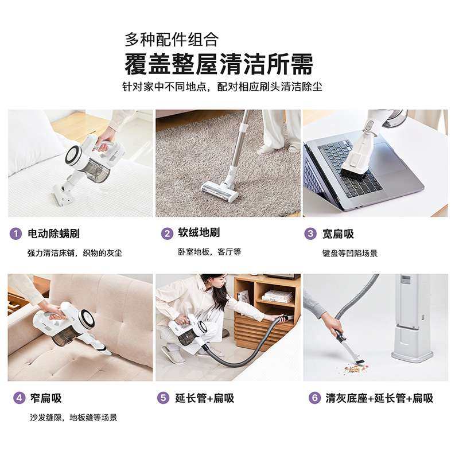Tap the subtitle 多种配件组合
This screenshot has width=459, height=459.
[x=172, y=39]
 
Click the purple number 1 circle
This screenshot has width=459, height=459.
[x=16, y=234]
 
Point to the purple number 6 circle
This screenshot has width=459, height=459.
[x=314, y=398]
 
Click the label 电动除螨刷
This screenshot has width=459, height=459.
[x=53, y=234]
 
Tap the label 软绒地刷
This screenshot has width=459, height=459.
[x=199, y=233]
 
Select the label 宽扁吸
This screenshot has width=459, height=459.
[x=338, y=234]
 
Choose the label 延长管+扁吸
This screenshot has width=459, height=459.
[x=205, y=398]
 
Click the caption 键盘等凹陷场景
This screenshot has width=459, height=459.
[x=350, y=253]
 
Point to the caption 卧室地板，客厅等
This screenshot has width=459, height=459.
[x=209, y=252]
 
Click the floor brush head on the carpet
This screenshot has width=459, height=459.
[x=219, y=192]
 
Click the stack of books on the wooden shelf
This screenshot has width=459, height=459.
[x=277, y=297]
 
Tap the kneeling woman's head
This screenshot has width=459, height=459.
[x=213, y=285]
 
